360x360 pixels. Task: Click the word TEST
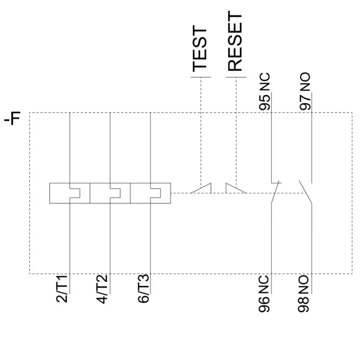[199, 49]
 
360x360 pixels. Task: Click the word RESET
[235, 41]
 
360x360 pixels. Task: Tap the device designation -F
[12, 119]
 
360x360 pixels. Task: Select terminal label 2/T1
[62, 288]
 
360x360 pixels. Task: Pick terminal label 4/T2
[102, 289]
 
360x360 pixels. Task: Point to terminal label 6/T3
[143, 288]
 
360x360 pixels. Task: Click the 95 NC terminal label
[264, 91]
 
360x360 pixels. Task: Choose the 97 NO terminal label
[305, 91]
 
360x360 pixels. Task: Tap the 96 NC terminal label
[264, 294]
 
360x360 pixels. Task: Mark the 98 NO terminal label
[303, 294]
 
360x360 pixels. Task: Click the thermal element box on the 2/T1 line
[69, 193]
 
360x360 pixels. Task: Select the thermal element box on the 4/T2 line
[110, 193]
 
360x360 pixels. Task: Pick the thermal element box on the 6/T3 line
[150, 193]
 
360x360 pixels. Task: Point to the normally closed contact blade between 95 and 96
[275, 192]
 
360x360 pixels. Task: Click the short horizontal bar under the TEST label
[201, 77]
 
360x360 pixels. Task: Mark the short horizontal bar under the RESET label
[236, 77]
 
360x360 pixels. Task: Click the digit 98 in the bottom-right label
[303, 305]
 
